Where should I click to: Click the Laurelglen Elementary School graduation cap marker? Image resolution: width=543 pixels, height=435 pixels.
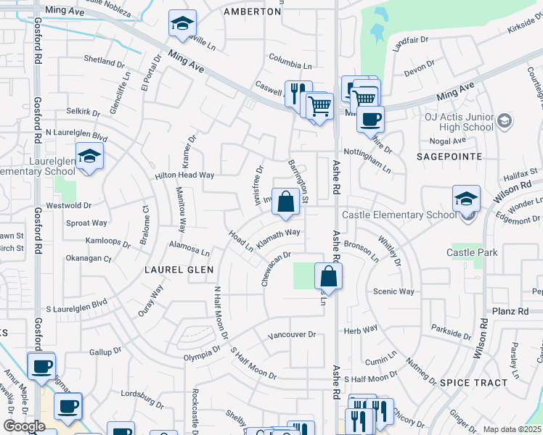[x=89, y=157]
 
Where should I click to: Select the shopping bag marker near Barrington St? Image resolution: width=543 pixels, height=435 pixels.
[x=286, y=203]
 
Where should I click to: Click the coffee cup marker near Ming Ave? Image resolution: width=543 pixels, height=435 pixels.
[x=370, y=118]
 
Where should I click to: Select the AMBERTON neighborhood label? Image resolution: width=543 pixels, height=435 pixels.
[x=252, y=12]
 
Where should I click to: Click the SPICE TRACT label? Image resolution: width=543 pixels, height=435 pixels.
[x=473, y=382]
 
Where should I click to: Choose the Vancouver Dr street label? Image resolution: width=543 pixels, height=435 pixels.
[x=292, y=335]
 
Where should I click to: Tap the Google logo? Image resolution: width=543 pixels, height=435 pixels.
[x=24, y=426]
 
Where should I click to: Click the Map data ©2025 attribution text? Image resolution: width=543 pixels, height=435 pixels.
[x=512, y=429]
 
